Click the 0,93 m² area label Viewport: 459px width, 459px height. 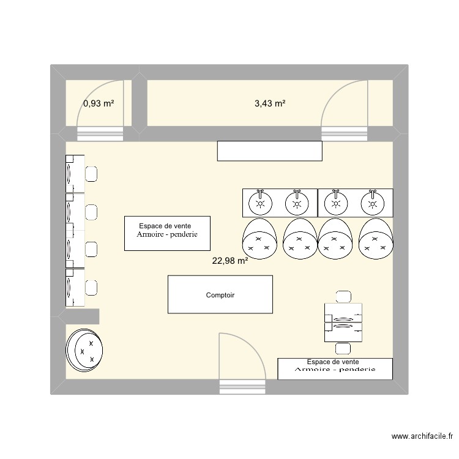pos(99,103)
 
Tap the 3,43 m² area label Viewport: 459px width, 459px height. pos(270,103)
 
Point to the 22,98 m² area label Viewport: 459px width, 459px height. pos(229,261)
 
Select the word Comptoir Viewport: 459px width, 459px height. pos(220,295)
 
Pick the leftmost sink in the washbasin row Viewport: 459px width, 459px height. pos(261,201)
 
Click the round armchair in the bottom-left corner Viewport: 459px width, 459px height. pos(85,350)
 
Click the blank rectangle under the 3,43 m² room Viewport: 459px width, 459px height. pos(269,151)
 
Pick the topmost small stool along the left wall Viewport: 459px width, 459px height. pos(91,174)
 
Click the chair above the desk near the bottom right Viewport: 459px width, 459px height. pos(343,297)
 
